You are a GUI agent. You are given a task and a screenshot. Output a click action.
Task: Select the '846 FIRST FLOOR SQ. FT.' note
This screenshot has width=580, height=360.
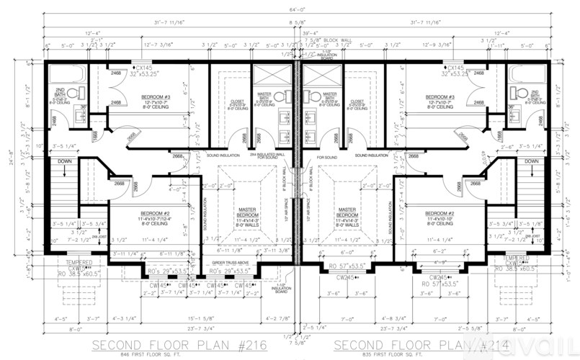(180, 355)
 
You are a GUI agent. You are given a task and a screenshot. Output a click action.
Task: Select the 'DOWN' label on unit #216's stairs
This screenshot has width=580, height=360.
(63, 161)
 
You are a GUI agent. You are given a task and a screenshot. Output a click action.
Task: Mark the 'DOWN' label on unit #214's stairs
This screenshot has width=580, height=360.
(532, 161)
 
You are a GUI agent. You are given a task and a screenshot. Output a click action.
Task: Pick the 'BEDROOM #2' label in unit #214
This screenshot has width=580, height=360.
(440, 214)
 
